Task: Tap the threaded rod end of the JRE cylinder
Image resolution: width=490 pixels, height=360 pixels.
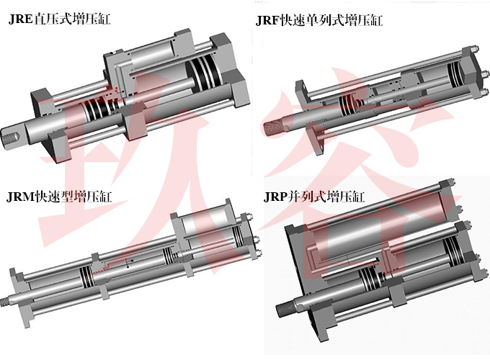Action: coord(12,136)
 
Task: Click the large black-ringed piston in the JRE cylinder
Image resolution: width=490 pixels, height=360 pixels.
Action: coord(203,75)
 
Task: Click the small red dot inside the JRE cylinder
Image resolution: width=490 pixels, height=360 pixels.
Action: coord(117,89)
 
